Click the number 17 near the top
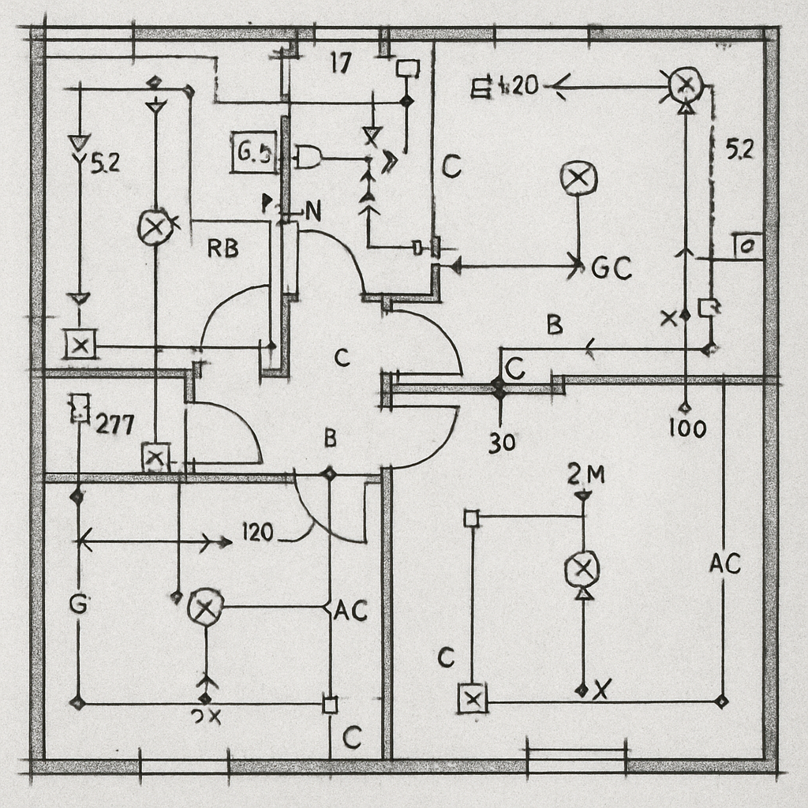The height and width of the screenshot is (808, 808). pos(339,64)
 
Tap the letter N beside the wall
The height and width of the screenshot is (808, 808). pos(312,211)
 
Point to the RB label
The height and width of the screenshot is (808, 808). pos(223,249)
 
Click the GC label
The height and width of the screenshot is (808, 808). pos(611,270)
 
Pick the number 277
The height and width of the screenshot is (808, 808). pos(114,425)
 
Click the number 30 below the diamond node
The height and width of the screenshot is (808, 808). pos(501,443)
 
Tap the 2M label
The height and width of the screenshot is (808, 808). pos(585,474)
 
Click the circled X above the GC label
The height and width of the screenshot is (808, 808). pos(578,178)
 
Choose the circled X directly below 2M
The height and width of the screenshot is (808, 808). pos(582,568)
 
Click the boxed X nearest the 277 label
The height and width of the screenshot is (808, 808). pos(155,456)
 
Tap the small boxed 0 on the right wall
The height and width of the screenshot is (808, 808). pos(746,246)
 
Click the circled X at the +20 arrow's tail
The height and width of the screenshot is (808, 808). pos(685,83)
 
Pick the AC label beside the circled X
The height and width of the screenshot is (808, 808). pos(351,610)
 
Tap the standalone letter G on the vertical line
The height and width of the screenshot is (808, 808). pos(77,605)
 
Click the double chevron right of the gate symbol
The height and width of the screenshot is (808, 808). pos(388,160)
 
